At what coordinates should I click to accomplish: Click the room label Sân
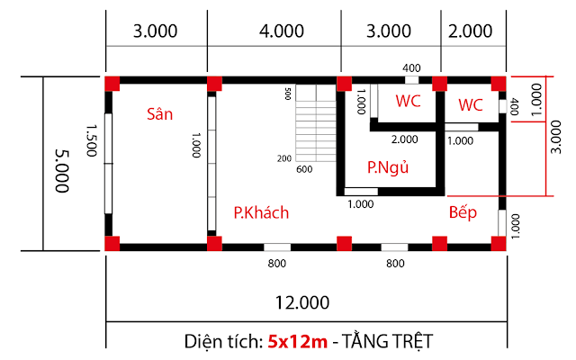[160, 114]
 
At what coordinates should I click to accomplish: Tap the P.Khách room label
[261, 213]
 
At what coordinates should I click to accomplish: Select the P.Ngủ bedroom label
[388, 167]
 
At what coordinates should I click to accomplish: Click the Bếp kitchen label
[463, 212]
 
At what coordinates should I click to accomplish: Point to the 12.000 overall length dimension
[302, 302]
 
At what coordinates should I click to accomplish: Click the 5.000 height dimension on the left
[62, 171]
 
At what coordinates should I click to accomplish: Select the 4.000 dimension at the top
[282, 31]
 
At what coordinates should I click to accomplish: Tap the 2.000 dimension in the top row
[470, 31]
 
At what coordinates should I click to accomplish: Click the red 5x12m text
[298, 341]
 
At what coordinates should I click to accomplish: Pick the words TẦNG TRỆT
[388, 340]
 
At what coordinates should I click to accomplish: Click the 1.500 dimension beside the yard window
[92, 140]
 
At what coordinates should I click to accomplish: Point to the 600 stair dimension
[304, 169]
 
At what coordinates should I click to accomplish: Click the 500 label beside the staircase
[288, 94]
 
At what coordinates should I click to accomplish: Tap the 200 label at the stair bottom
[284, 158]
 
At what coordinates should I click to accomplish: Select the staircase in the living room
[316, 123]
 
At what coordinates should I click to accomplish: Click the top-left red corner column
[112, 84]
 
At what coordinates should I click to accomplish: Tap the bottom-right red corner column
[499, 244]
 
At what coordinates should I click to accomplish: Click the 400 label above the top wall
[411, 68]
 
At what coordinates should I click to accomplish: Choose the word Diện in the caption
[203, 341]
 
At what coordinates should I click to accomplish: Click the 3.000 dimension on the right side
[556, 137]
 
